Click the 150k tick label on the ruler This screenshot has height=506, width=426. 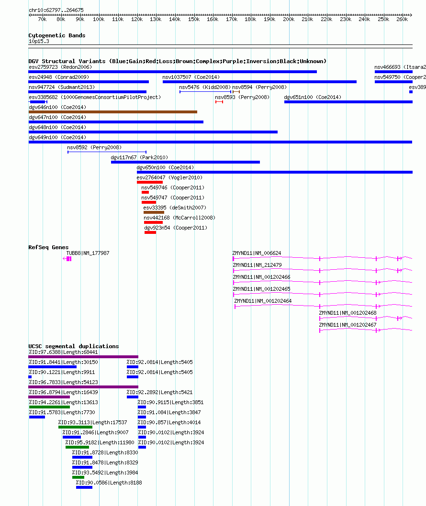coord(194,19)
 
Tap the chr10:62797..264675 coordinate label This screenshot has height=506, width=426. coord(56,10)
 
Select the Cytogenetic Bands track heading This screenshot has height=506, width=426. coord(57,35)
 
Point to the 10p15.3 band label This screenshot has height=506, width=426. coord(39,41)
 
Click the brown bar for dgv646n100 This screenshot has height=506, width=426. coord(112,112)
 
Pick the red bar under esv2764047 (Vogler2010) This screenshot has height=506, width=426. coord(149,182)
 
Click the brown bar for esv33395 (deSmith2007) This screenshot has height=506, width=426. coord(154,212)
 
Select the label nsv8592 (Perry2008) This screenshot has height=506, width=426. coord(94,147)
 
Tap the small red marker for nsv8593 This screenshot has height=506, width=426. coord(219,102)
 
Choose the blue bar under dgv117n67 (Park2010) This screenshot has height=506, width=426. coord(185,162)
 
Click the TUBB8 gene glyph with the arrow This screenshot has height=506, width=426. coord(67,259)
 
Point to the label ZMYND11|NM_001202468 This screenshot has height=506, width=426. coord(348,313)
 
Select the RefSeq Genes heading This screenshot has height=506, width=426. coord(48,247)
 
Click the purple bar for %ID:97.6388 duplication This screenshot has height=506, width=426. coord(83,357)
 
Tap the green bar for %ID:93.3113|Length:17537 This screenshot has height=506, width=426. coord(75,427)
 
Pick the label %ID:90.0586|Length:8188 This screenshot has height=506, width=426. coord(109,483)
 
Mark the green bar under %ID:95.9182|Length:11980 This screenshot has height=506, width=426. coord(77,447)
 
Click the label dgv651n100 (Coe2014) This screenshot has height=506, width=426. coord(313,97)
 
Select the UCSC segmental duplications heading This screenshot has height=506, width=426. coord(74,346)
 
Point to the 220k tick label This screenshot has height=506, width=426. coord(326,19)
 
